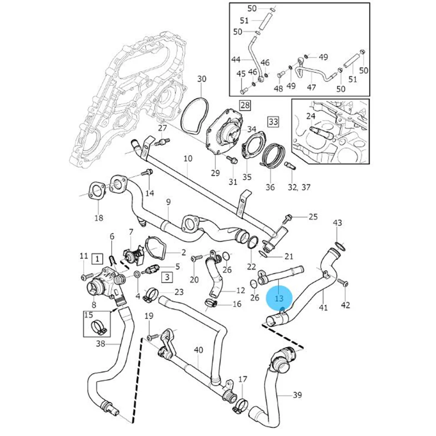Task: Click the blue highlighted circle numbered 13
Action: (x=279, y=298)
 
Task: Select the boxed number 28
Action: (x=245, y=106)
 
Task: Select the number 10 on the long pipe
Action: (x=188, y=159)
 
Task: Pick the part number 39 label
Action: (x=297, y=395)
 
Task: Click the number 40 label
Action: (x=198, y=350)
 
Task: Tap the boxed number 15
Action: (x=89, y=314)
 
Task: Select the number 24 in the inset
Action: (x=311, y=116)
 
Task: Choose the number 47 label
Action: (x=312, y=86)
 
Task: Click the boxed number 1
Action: (x=97, y=259)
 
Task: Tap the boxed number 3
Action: (x=167, y=276)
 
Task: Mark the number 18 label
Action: (x=99, y=218)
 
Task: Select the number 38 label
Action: (x=100, y=344)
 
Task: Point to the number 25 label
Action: (x=313, y=217)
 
